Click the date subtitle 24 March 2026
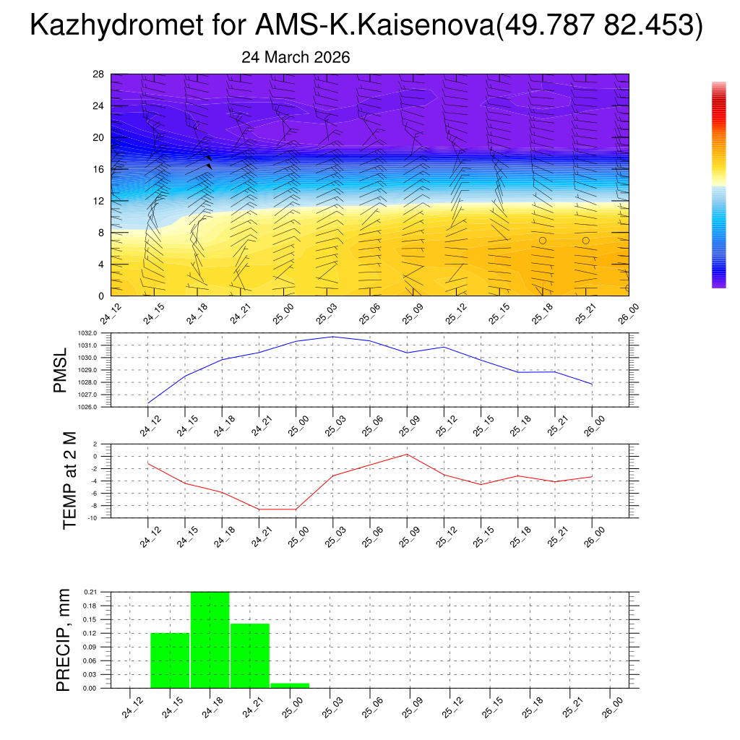pyautogui.click(x=296, y=58)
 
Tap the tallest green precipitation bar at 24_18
pyautogui.click(x=210, y=640)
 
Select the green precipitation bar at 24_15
pyautogui.click(x=170, y=660)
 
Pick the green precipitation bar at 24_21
pyautogui.click(x=250, y=655)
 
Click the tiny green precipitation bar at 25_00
pyautogui.click(x=290, y=685)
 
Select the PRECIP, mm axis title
pyautogui.click(x=64, y=640)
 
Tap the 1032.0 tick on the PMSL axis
pyautogui.click(x=99, y=333)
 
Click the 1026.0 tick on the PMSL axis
pyautogui.click(x=99, y=407)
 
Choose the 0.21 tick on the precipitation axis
pyautogui.click(x=90, y=592)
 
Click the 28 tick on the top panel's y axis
pyautogui.click(x=98, y=74)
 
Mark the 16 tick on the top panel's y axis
pyautogui.click(x=98, y=169)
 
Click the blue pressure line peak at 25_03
pyautogui.click(x=333, y=337)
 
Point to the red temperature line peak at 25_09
pyautogui.click(x=407, y=454)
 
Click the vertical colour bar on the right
pyautogui.click(x=718, y=185)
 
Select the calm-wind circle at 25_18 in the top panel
pyautogui.click(x=543, y=241)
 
